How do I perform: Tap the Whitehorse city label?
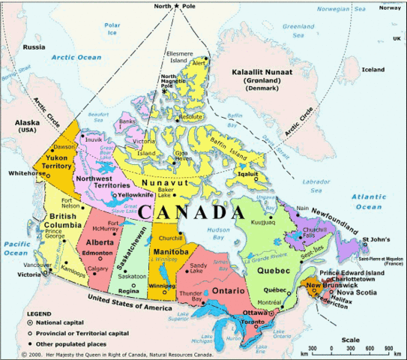click(x=22, y=173)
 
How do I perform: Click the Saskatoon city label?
click(x=132, y=276)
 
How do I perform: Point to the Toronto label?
click(x=253, y=321)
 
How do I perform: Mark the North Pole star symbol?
click(x=177, y=7)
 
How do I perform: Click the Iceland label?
click(x=373, y=70)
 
